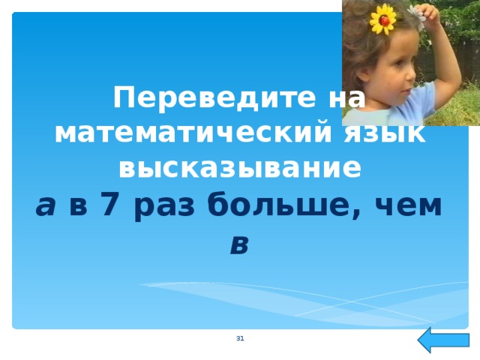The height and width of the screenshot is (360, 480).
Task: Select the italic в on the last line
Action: point(239,242)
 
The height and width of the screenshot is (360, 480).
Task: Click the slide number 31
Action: point(240,340)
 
